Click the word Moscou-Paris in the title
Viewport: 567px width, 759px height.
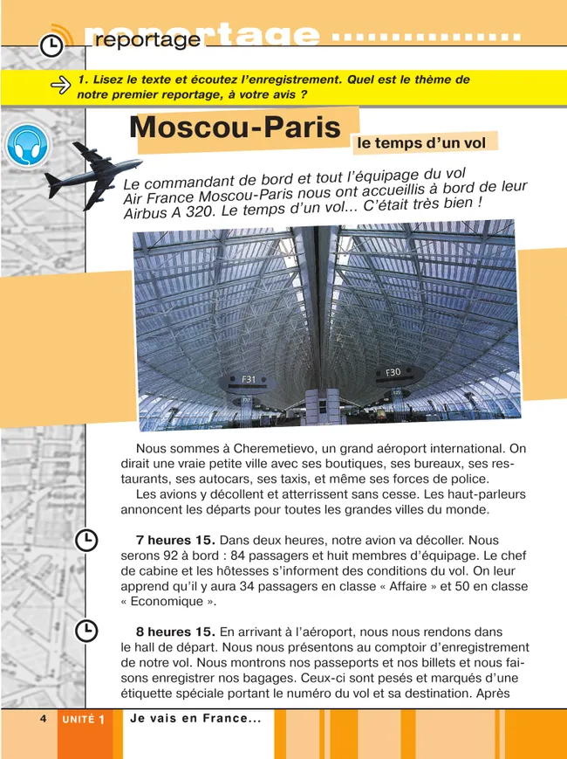click(x=235, y=128)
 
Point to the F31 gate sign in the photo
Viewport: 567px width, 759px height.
click(x=249, y=380)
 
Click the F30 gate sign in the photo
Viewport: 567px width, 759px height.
click(x=393, y=372)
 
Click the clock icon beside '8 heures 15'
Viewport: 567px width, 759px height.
click(x=85, y=631)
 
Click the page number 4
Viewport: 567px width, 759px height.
click(x=42, y=718)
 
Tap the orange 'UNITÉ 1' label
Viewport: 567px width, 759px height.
click(x=85, y=719)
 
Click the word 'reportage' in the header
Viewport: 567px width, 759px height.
click(x=147, y=40)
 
